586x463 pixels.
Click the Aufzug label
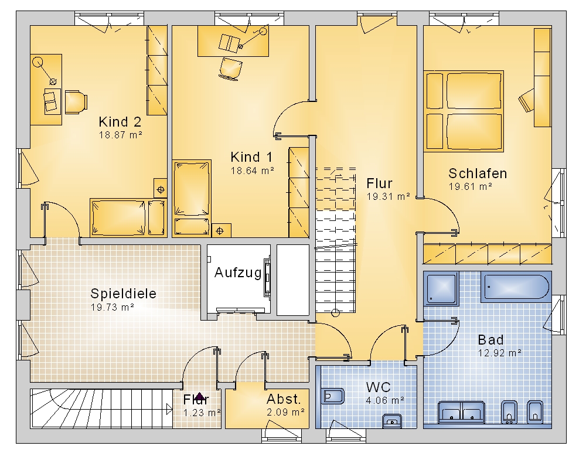(x=238, y=273)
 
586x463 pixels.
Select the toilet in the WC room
(x=332, y=396)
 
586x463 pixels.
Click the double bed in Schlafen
(x=464, y=111)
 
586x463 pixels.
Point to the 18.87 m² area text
(x=120, y=135)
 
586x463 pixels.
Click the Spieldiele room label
(x=123, y=294)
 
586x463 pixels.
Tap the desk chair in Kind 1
(x=230, y=69)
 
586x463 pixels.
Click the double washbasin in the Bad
(x=461, y=413)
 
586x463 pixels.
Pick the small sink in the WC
(x=391, y=421)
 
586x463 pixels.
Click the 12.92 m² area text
(x=500, y=353)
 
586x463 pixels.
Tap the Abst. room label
(x=284, y=400)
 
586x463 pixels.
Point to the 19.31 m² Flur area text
(x=389, y=196)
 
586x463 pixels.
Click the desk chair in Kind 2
(x=76, y=101)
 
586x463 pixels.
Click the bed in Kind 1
(x=192, y=198)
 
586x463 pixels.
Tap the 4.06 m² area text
(x=385, y=401)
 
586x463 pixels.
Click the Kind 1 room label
(x=251, y=157)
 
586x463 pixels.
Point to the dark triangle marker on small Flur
(x=199, y=397)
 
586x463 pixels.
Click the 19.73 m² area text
(x=112, y=308)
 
